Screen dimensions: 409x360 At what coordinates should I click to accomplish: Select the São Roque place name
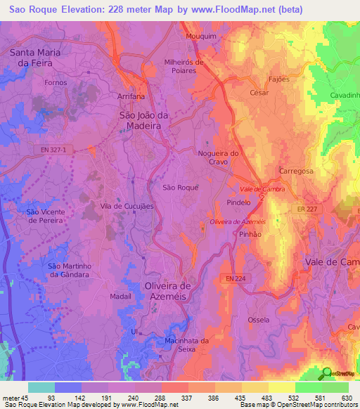(x=181, y=188)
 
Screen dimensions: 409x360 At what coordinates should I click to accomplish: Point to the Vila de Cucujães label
(x=127, y=206)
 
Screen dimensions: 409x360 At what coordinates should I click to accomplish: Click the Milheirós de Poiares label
(x=184, y=66)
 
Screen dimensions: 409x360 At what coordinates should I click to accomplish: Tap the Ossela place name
(x=258, y=320)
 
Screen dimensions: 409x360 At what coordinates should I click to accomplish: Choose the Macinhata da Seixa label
(x=186, y=346)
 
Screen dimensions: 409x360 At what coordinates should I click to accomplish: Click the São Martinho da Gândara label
(x=68, y=270)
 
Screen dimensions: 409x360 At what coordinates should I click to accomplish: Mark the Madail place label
(x=121, y=297)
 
